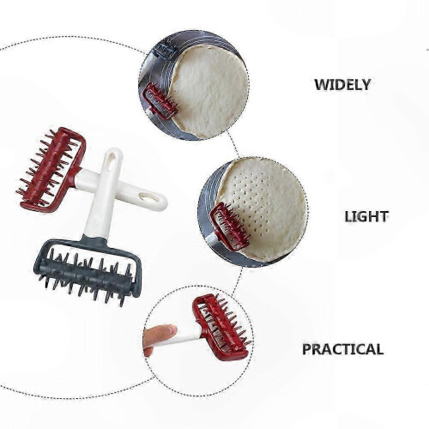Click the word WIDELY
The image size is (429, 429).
point(342,85)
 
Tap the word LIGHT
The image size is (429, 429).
point(366,217)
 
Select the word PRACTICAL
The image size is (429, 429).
point(342,349)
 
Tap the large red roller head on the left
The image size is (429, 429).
point(51,169)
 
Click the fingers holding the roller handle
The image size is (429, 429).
point(160,338)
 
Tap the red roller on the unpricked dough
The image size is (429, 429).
point(160,100)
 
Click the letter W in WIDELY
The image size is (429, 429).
point(321,85)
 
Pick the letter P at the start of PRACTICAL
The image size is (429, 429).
point(306,349)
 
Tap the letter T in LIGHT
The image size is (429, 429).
point(384,217)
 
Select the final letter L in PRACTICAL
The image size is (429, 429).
point(379,349)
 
